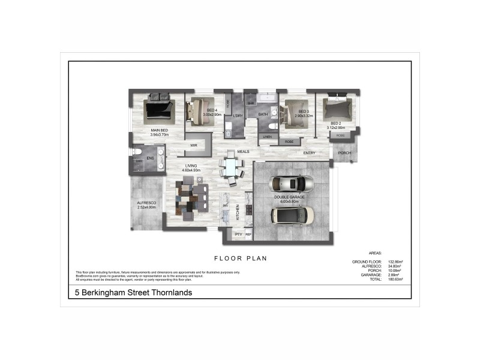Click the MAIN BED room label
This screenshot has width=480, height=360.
coord(160,130)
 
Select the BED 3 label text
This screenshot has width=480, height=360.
coord(304,112)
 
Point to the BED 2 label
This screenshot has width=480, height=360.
coord(335,123)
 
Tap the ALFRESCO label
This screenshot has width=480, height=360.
coord(146,203)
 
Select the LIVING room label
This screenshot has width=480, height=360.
coord(191,166)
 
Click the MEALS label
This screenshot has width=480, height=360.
coord(243,152)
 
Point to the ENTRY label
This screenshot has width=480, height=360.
coord(309,153)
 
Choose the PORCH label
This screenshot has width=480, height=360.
coord(344,153)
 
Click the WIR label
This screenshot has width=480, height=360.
coord(194,145)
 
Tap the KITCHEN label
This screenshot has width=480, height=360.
coord(238,211)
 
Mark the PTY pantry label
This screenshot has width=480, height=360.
coord(238,234)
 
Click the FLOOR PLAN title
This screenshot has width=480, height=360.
coord(240,258)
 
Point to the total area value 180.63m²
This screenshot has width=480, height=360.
coord(395,280)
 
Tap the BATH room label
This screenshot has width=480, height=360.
coord(263,114)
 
